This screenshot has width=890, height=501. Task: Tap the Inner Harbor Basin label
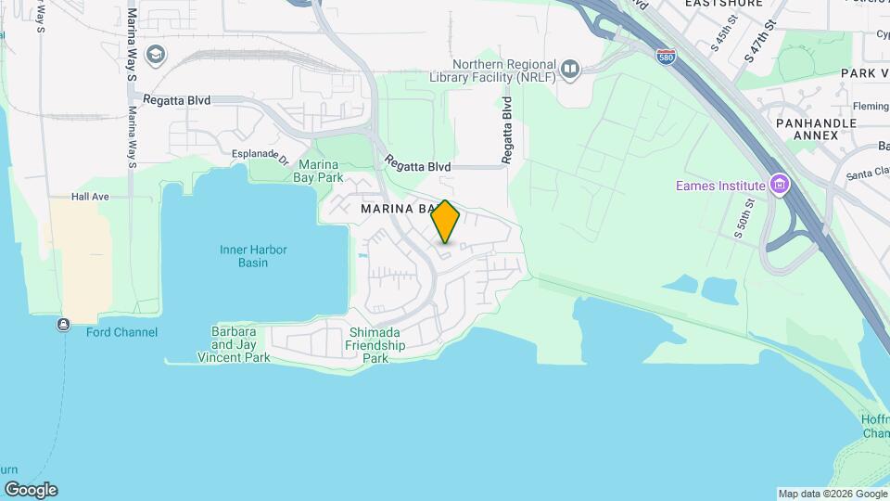click(x=253, y=256)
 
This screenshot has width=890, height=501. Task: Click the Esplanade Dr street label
click(x=261, y=156)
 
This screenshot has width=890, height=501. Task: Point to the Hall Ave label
click(x=91, y=197)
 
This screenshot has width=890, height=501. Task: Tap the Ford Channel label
click(x=121, y=332)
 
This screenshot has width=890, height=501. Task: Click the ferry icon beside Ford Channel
click(x=63, y=325)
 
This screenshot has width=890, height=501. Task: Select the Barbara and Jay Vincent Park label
click(x=234, y=344)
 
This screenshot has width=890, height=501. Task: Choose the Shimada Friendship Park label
click(x=375, y=345)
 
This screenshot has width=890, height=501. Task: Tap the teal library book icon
click(x=570, y=69)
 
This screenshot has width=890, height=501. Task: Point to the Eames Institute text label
click(x=719, y=186)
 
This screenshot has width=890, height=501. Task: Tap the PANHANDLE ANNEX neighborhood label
click(x=807, y=129)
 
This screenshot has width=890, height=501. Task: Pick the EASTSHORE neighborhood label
click(x=723, y=4)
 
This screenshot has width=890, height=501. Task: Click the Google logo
click(x=31, y=490)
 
